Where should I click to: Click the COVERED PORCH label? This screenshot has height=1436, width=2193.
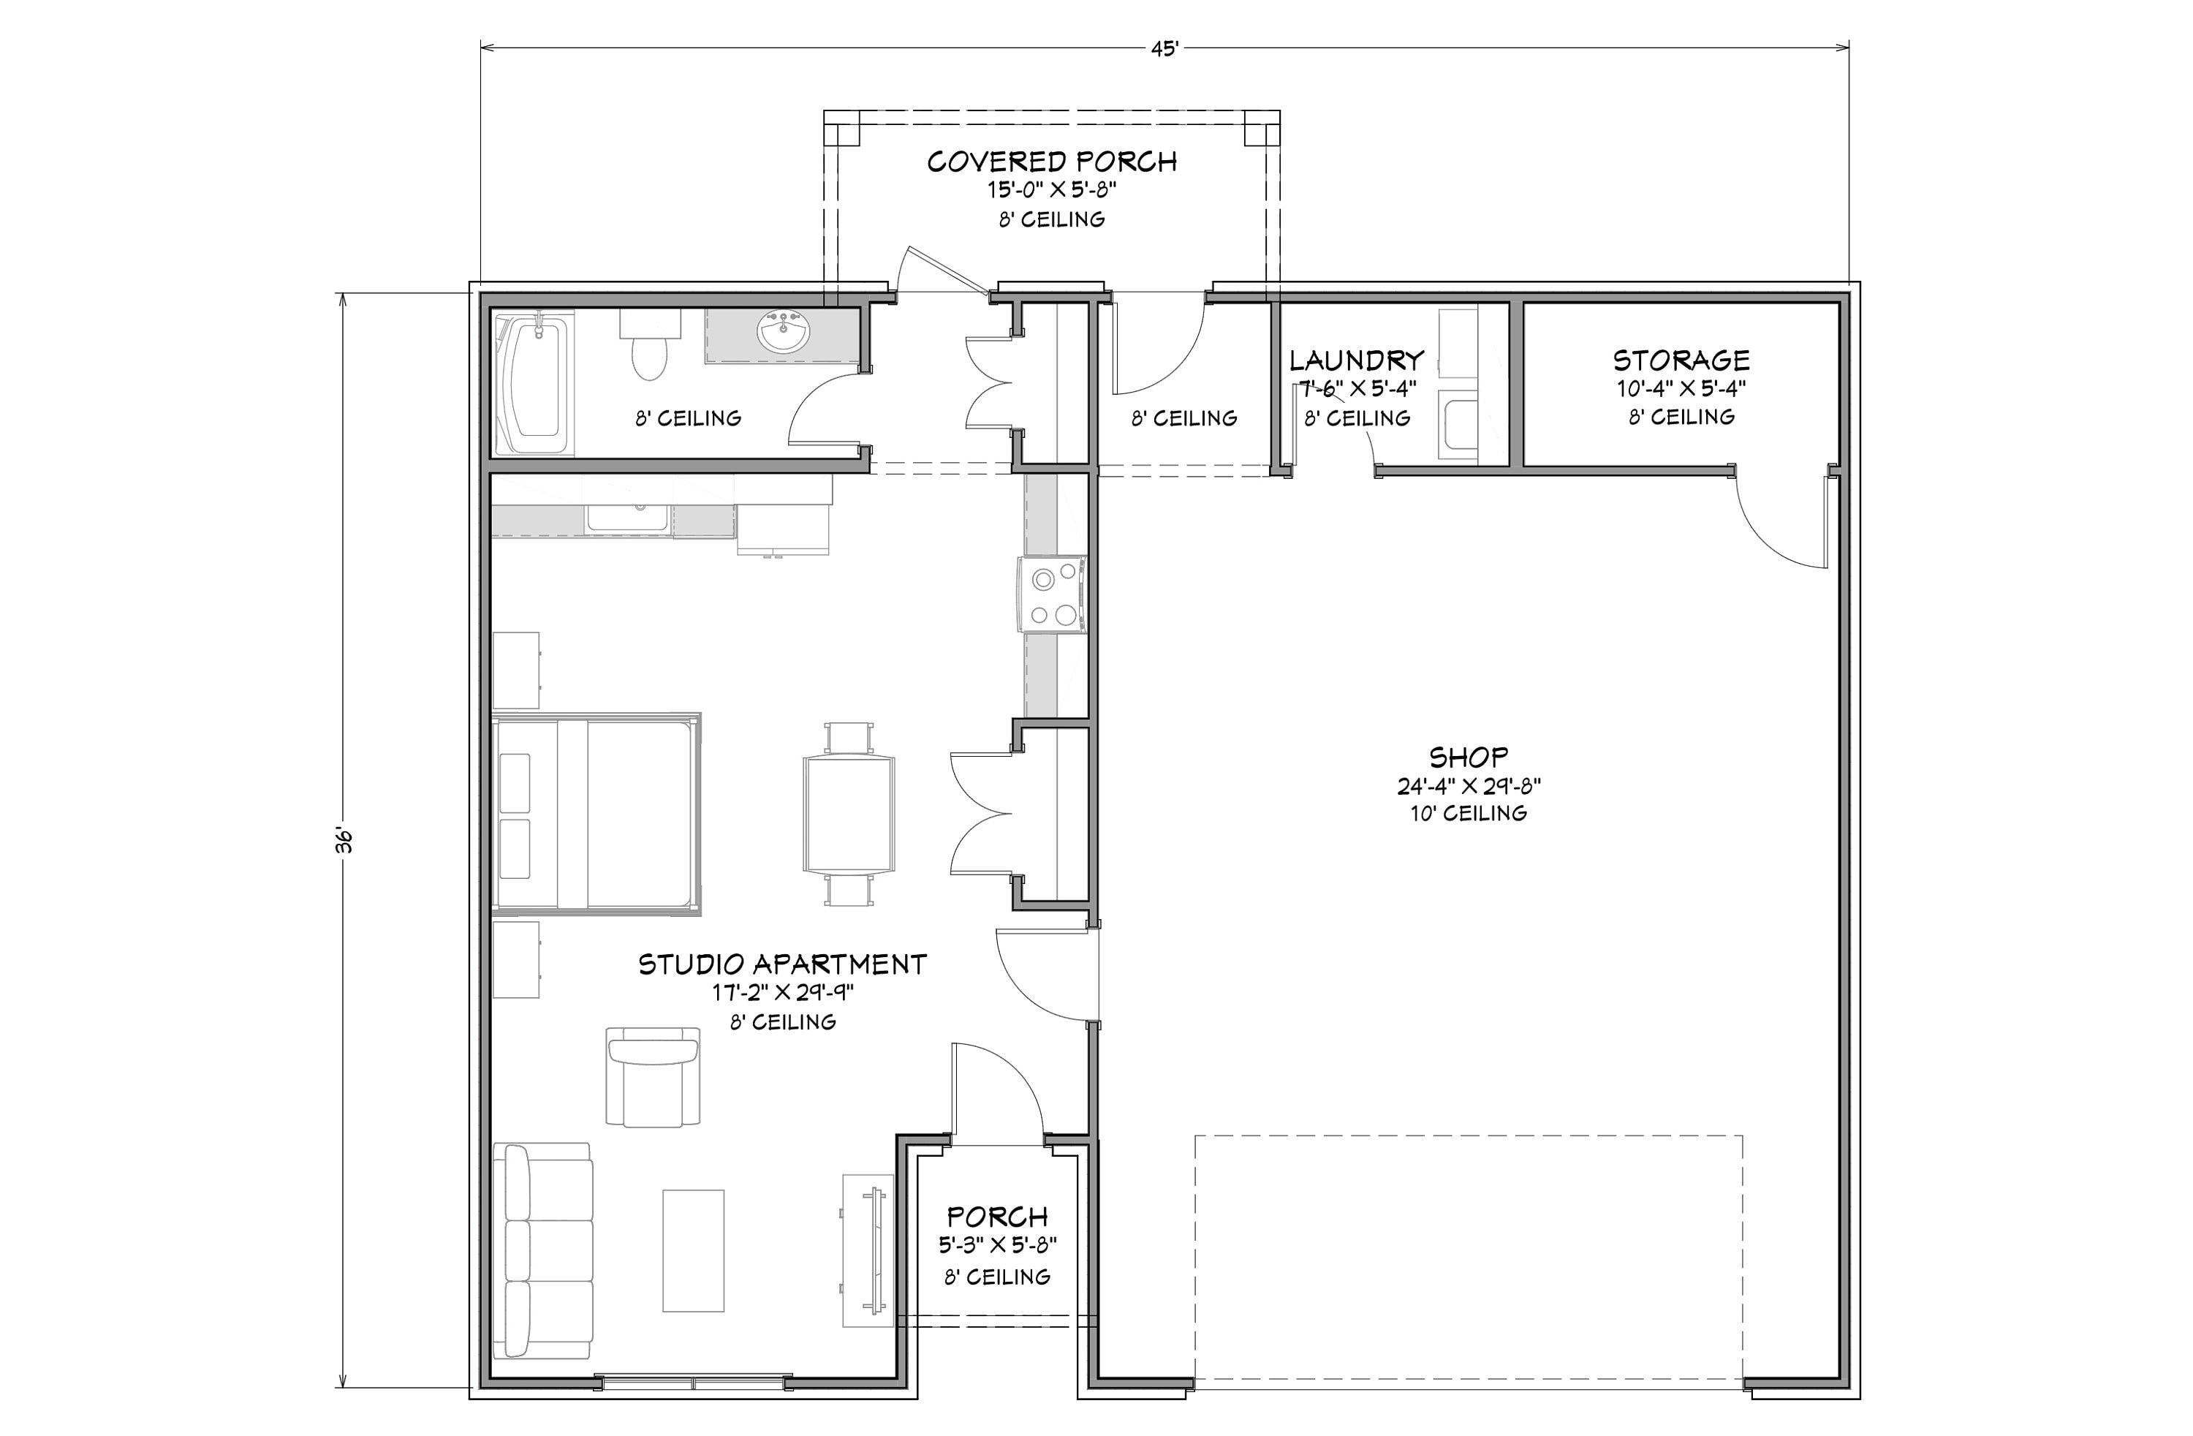[1051, 162]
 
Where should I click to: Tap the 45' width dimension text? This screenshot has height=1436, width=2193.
[1164, 49]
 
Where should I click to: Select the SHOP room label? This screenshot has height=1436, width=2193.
[1468, 757]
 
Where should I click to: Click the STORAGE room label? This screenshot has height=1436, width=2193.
[1681, 360]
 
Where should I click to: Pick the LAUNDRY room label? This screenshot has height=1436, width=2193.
[1356, 360]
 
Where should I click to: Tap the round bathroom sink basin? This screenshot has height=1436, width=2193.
[783, 332]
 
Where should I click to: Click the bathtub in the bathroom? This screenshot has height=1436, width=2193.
[534, 385]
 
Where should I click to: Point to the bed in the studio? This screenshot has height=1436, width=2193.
[597, 814]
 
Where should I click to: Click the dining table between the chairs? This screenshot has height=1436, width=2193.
[849, 814]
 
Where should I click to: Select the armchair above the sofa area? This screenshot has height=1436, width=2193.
[652, 1076]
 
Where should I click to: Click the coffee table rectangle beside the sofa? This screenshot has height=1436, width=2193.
[693, 1250]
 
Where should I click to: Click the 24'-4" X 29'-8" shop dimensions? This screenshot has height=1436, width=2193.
[1468, 786]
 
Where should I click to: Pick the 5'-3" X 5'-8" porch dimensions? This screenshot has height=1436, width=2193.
[997, 1245]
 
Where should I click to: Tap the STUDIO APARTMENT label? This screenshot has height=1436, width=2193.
[782, 964]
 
